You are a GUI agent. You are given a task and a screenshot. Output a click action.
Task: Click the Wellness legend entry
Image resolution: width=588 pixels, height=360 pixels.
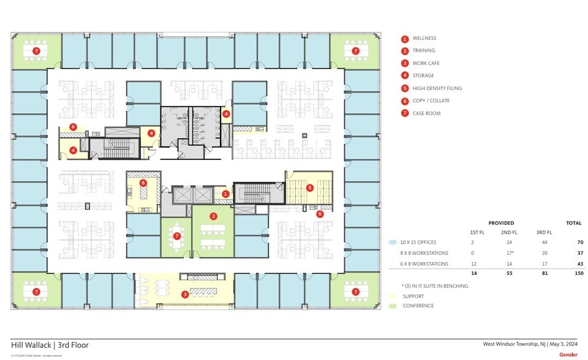tap(424, 39)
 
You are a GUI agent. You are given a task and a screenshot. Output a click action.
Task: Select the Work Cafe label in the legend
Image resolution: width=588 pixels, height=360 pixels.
tap(426, 64)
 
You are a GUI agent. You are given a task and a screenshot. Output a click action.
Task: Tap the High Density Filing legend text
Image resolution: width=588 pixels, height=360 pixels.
tap(437, 89)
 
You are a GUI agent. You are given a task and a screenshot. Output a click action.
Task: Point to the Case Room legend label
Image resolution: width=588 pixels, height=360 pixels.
tap(426, 114)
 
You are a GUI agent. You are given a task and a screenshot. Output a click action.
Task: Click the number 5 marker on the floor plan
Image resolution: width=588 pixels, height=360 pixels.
tap(310, 187)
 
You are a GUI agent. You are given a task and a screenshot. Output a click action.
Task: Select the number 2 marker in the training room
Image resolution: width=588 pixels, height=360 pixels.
tap(213, 216)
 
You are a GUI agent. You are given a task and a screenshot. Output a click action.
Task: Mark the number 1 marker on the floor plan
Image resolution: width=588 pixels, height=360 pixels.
tap(225, 194)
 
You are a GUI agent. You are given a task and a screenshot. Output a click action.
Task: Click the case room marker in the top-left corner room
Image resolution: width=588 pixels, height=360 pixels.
tap(36, 51)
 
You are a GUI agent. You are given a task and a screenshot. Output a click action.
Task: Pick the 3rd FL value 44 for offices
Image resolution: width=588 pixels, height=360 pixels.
tap(544, 242)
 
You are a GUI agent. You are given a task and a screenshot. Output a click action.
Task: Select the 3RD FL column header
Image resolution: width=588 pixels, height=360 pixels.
tap(544, 233)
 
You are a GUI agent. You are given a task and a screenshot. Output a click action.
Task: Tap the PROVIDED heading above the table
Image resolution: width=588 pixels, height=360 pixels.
tap(501, 223)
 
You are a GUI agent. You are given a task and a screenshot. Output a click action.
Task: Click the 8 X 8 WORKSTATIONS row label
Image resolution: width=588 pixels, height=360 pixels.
tap(425, 253)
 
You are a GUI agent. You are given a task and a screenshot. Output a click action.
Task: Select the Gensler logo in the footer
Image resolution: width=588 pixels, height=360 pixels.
tap(568, 354)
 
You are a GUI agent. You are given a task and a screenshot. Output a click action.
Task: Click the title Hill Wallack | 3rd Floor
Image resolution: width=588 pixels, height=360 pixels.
tap(50, 345)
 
